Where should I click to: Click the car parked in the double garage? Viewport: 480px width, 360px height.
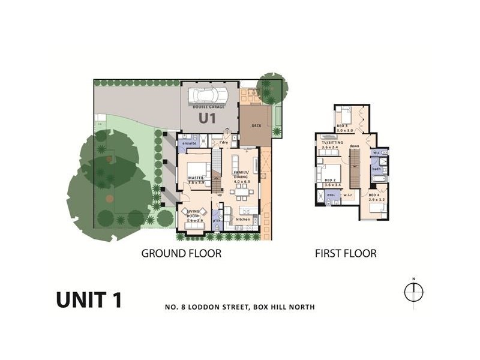point(208,95)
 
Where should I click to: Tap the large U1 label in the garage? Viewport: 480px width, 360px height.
point(207,118)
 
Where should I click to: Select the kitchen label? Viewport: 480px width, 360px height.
point(242,220)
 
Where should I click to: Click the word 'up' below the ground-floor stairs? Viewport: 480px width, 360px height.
point(220,195)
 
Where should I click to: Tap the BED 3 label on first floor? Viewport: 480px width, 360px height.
point(343,125)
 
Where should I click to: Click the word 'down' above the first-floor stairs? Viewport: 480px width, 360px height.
point(354,146)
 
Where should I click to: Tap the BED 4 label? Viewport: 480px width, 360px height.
point(374,196)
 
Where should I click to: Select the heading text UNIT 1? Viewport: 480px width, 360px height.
point(89,299)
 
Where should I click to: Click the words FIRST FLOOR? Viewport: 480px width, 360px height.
point(346,253)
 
